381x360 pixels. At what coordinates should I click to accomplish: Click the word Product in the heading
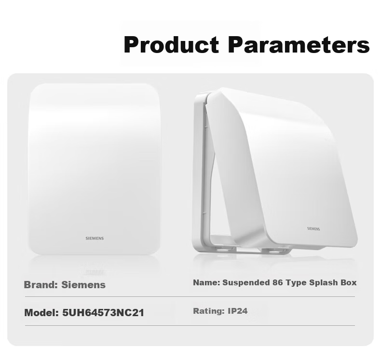click(171, 44)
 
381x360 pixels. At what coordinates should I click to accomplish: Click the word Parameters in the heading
click(299, 44)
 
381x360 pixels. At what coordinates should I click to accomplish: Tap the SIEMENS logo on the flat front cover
click(95, 239)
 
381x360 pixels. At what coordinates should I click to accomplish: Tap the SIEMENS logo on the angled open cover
click(313, 228)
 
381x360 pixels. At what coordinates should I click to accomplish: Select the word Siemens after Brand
click(83, 285)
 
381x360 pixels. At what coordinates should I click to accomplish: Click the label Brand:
click(41, 285)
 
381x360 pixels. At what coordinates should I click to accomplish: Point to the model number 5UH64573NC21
click(103, 313)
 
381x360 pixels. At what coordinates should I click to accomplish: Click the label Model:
click(41, 313)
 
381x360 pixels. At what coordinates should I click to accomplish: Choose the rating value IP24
click(238, 311)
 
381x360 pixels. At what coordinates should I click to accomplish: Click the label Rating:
click(209, 311)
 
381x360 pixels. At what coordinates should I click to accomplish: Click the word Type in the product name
click(296, 283)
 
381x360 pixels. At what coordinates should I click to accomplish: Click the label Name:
click(206, 282)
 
